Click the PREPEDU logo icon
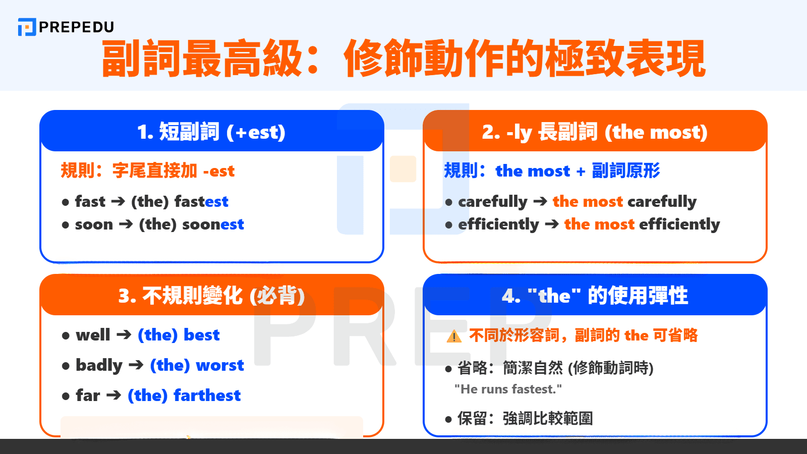(27, 27)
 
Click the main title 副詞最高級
(202, 59)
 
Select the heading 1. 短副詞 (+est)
(211, 132)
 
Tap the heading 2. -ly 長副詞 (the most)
(595, 132)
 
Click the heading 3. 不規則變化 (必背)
(211, 296)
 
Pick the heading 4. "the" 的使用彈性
(595, 296)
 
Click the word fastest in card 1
(201, 201)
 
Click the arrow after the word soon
(126, 223)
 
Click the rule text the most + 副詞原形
(578, 171)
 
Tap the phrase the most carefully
(624, 201)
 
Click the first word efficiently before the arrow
(498, 224)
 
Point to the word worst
(220, 365)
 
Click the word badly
(99, 365)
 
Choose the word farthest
(207, 395)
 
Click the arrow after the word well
(124, 334)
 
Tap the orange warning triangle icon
(454, 336)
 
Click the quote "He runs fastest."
(508, 389)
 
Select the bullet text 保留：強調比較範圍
(525, 418)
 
